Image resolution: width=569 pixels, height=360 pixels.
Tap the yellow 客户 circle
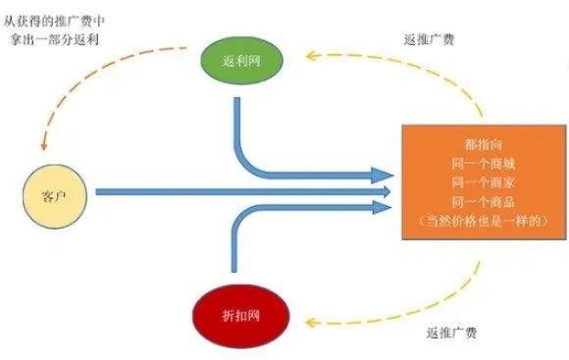55,191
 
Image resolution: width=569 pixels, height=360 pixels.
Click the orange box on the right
481,182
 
